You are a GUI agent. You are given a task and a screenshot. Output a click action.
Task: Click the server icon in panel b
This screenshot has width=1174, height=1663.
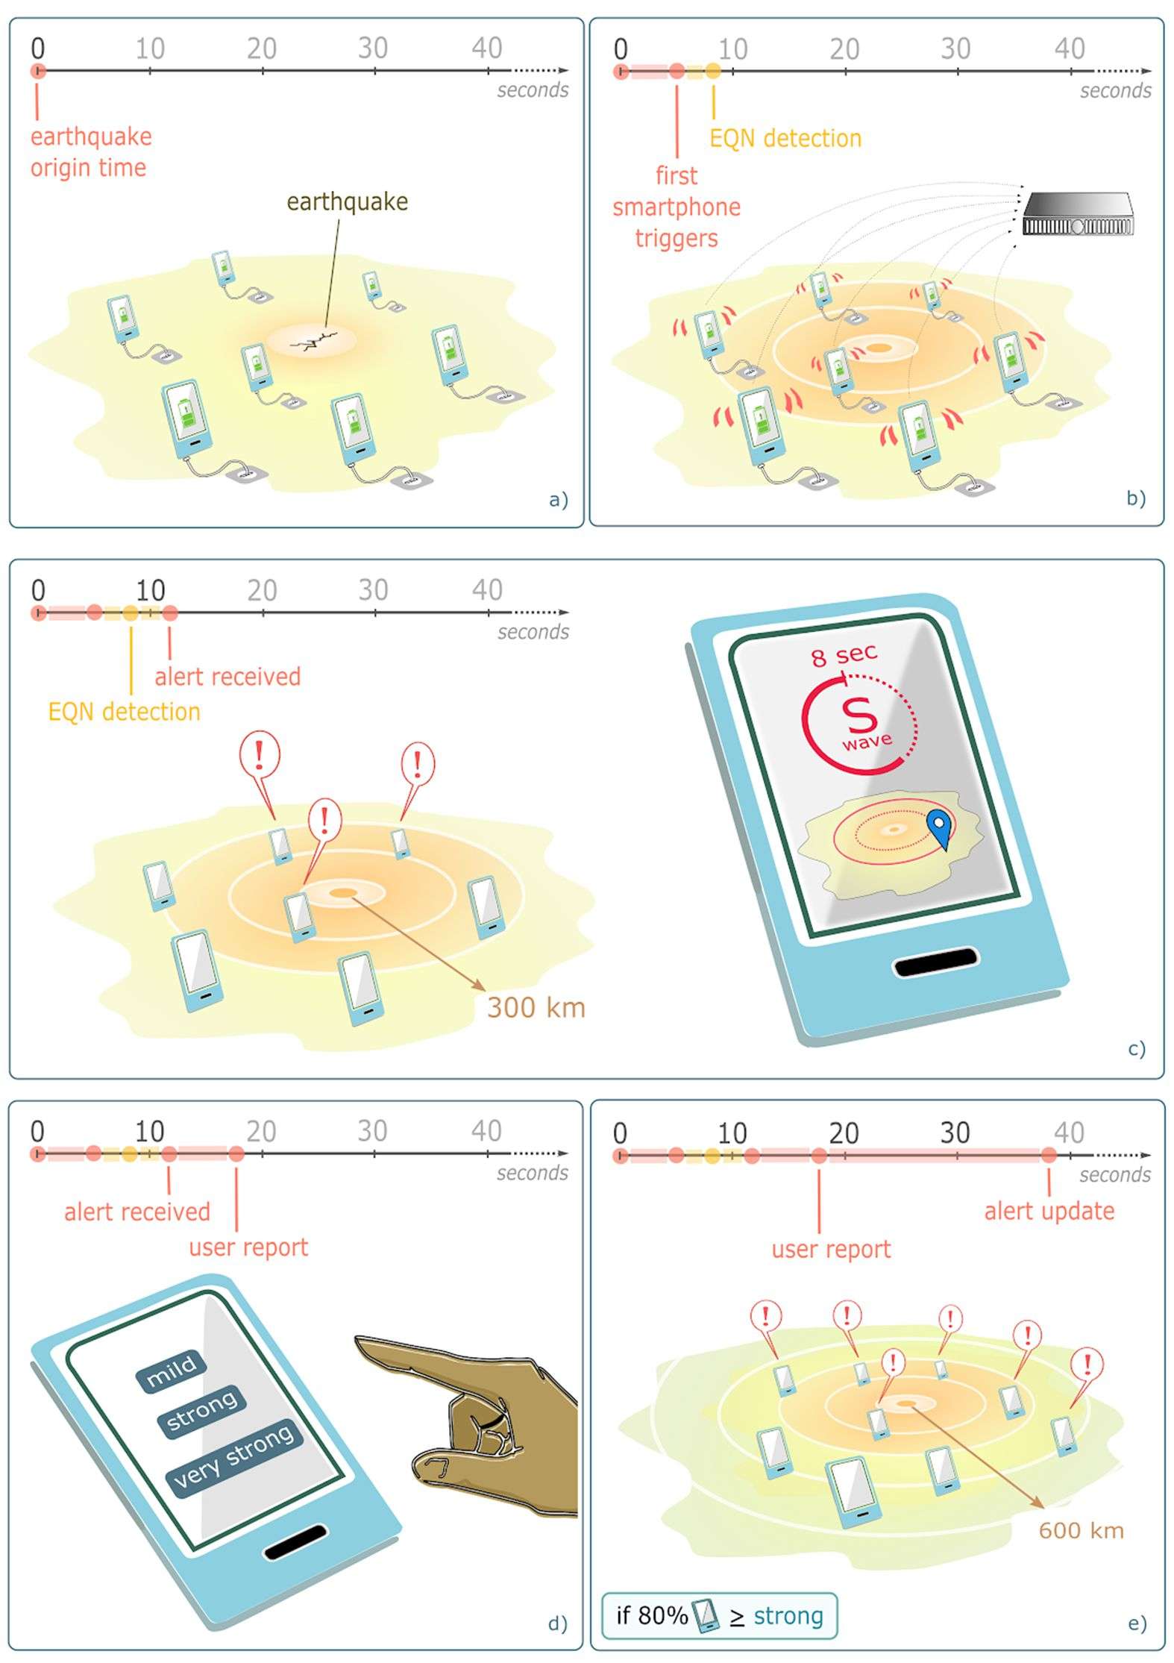1078,216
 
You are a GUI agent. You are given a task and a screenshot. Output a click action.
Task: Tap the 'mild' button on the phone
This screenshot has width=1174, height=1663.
172,1369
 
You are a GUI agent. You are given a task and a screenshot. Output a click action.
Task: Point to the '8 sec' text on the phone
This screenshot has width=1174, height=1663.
844,655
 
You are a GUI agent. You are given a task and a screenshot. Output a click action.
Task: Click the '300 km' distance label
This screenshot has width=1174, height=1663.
536,1007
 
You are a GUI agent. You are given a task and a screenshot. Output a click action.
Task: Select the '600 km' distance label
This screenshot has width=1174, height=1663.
1081,1530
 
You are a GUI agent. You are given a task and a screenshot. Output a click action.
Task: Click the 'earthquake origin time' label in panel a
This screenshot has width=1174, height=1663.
90,152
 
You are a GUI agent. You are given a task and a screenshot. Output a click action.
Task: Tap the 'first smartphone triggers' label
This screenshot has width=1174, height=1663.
677,207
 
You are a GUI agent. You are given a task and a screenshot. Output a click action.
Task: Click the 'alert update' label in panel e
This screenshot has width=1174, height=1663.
1049,1210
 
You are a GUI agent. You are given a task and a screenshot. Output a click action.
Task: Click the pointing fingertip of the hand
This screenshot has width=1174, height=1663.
360,1344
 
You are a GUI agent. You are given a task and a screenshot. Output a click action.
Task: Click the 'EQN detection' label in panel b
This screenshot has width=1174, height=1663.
785,138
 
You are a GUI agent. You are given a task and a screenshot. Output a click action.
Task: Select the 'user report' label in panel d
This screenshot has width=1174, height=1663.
248,1247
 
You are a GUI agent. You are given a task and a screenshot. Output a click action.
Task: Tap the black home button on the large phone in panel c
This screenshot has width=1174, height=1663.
935,962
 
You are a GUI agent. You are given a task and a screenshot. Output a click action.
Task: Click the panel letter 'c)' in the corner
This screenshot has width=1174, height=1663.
1136,1048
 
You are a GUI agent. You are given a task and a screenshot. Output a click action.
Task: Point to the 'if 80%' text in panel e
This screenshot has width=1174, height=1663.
651,1615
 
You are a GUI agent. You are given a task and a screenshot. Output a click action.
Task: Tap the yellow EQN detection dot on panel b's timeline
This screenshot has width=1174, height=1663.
713,72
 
